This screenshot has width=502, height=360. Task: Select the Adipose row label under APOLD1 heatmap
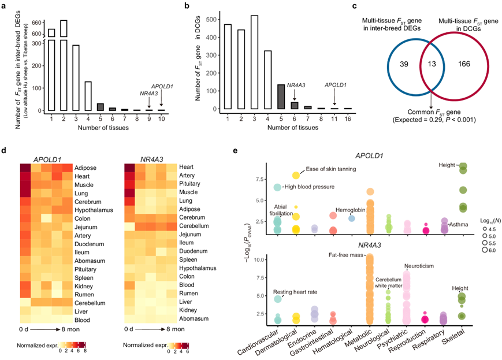[86, 168]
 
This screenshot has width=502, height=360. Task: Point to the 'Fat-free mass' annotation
[345, 254]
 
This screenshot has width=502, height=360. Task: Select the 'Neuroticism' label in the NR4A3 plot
[421, 266]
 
